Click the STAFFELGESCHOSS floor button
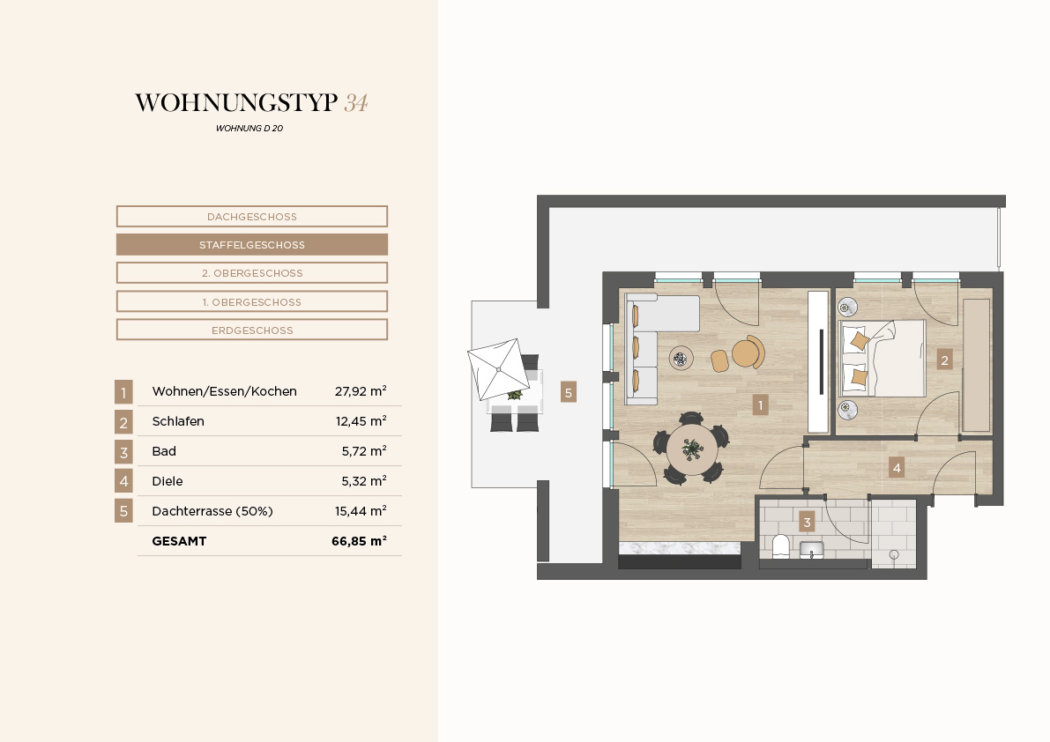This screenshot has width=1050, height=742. (x=252, y=245)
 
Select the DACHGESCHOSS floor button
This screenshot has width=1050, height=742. (x=252, y=217)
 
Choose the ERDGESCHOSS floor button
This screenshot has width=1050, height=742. (x=252, y=330)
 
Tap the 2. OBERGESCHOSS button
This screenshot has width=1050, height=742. (x=252, y=273)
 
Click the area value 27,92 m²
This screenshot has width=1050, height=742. (x=361, y=390)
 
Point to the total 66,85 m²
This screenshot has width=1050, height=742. (x=359, y=540)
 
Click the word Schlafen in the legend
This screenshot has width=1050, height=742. (x=178, y=421)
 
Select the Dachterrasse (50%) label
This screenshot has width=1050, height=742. (x=212, y=511)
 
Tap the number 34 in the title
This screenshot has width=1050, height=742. (x=356, y=102)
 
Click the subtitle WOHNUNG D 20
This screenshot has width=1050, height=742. (x=249, y=129)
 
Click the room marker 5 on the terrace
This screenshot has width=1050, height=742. (x=569, y=393)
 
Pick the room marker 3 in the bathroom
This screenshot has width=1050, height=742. (x=807, y=522)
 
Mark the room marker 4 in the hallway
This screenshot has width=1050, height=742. (x=897, y=468)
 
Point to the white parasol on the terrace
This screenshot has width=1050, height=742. (x=496, y=369)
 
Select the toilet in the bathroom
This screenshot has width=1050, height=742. (x=781, y=546)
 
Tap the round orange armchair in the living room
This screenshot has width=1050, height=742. (x=748, y=352)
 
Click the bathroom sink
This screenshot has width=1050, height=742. (x=812, y=550)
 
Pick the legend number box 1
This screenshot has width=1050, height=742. (x=123, y=392)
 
